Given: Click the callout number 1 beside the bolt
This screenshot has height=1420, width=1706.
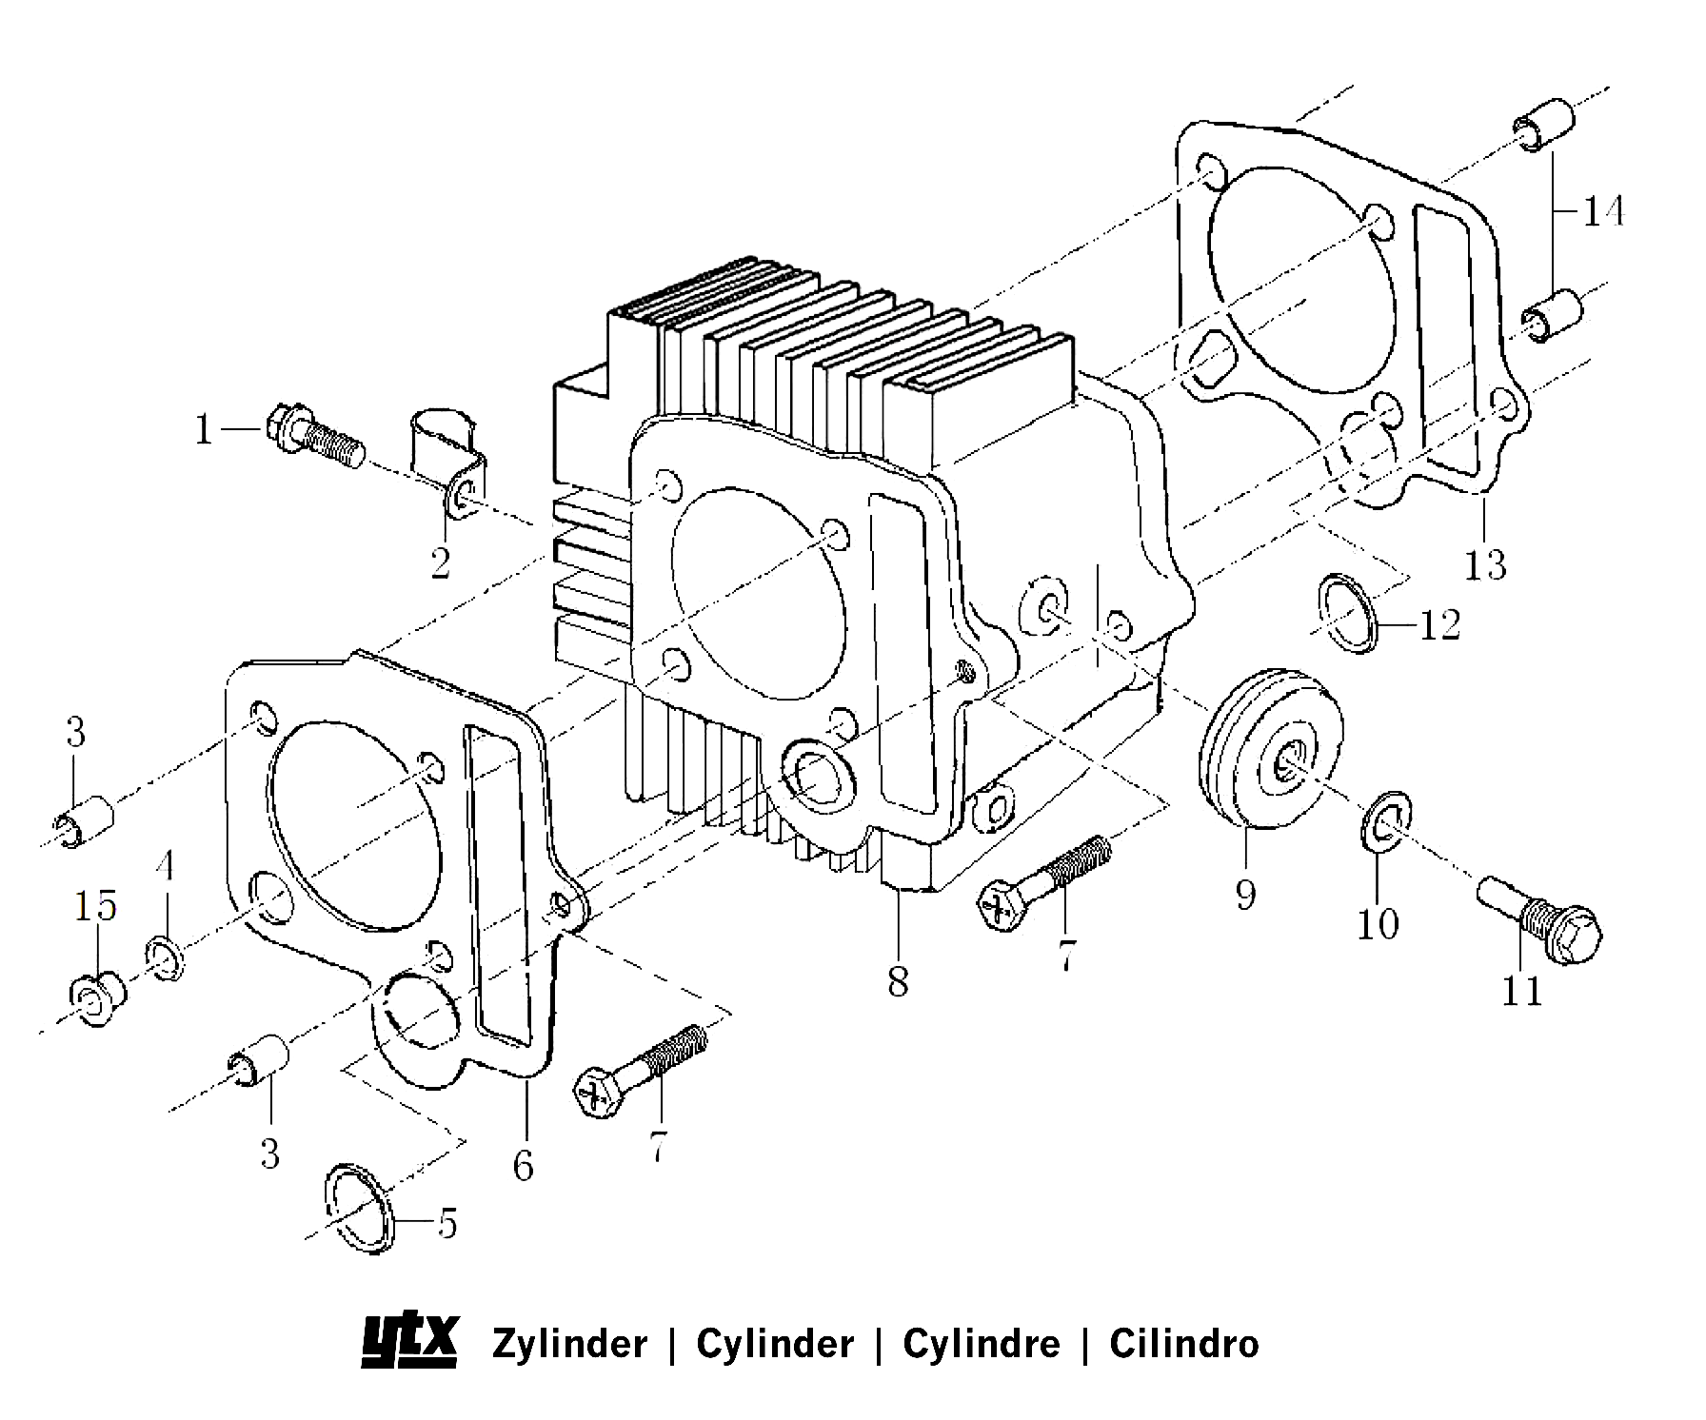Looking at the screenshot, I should (x=203, y=430).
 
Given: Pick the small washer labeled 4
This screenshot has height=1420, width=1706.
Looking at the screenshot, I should (x=167, y=958).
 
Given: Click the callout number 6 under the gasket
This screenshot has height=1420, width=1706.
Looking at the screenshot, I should (x=523, y=1165).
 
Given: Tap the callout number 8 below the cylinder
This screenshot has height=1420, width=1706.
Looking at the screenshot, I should (x=898, y=981).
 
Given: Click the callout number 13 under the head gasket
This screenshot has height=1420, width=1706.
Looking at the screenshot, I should (x=1485, y=564).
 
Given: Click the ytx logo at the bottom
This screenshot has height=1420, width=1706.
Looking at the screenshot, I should (x=410, y=1343).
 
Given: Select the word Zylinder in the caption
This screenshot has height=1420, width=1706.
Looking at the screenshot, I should (x=569, y=1344).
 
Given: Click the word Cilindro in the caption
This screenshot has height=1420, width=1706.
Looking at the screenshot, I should (x=1183, y=1344).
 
